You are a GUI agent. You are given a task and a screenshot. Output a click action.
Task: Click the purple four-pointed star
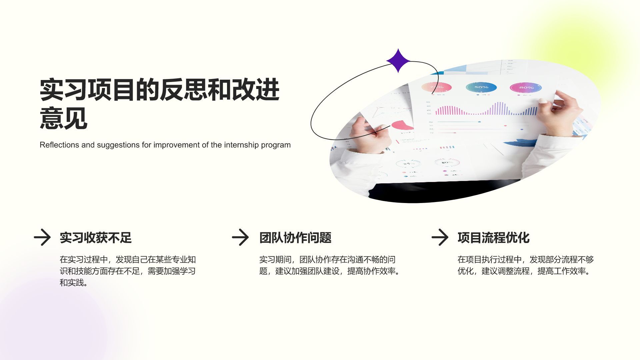[398, 61]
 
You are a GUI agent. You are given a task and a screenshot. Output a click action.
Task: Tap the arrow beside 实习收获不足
[42, 237]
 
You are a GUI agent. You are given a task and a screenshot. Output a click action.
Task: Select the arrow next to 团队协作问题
[240, 237]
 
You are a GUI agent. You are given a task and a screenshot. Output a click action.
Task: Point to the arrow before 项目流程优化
[440, 237]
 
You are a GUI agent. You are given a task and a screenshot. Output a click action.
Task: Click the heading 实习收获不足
[96, 238]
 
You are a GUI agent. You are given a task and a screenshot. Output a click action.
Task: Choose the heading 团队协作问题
[295, 238]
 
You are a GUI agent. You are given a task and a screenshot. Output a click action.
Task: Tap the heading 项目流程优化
[493, 238]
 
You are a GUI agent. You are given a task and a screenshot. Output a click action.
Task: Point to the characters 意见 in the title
[64, 118]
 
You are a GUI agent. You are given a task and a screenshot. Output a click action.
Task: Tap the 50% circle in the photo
[481, 87]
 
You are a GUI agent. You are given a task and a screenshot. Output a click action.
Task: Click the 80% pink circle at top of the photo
[526, 88]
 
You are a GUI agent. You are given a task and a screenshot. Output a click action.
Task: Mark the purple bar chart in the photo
[487, 109]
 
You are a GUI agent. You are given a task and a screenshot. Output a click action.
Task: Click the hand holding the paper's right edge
[560, 110]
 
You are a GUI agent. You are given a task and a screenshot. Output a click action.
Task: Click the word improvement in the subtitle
[177, 145]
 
